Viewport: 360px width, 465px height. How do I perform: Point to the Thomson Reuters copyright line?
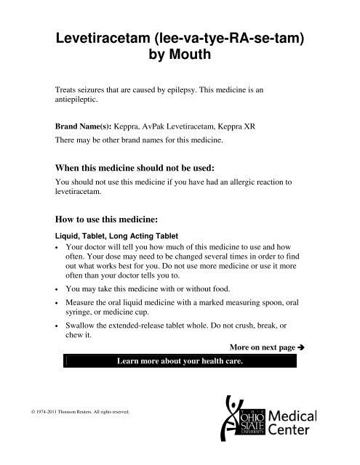pyautogui.click(x=82, y=432)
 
